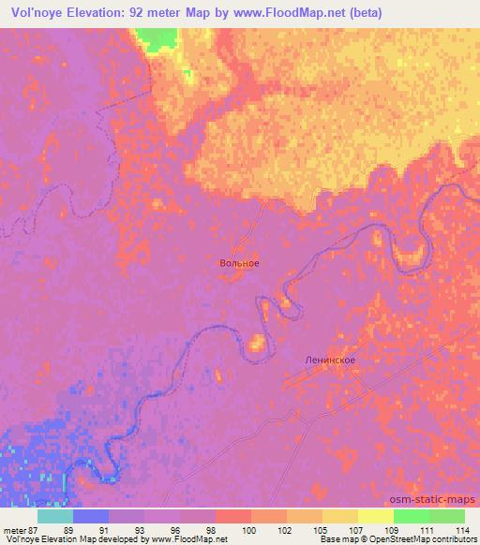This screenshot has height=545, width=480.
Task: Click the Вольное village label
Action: click(233, 263)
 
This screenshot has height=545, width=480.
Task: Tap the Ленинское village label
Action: click(330, 360)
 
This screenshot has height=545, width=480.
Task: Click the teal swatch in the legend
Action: click(56, 516)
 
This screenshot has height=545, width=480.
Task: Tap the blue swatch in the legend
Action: click(91, 516)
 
